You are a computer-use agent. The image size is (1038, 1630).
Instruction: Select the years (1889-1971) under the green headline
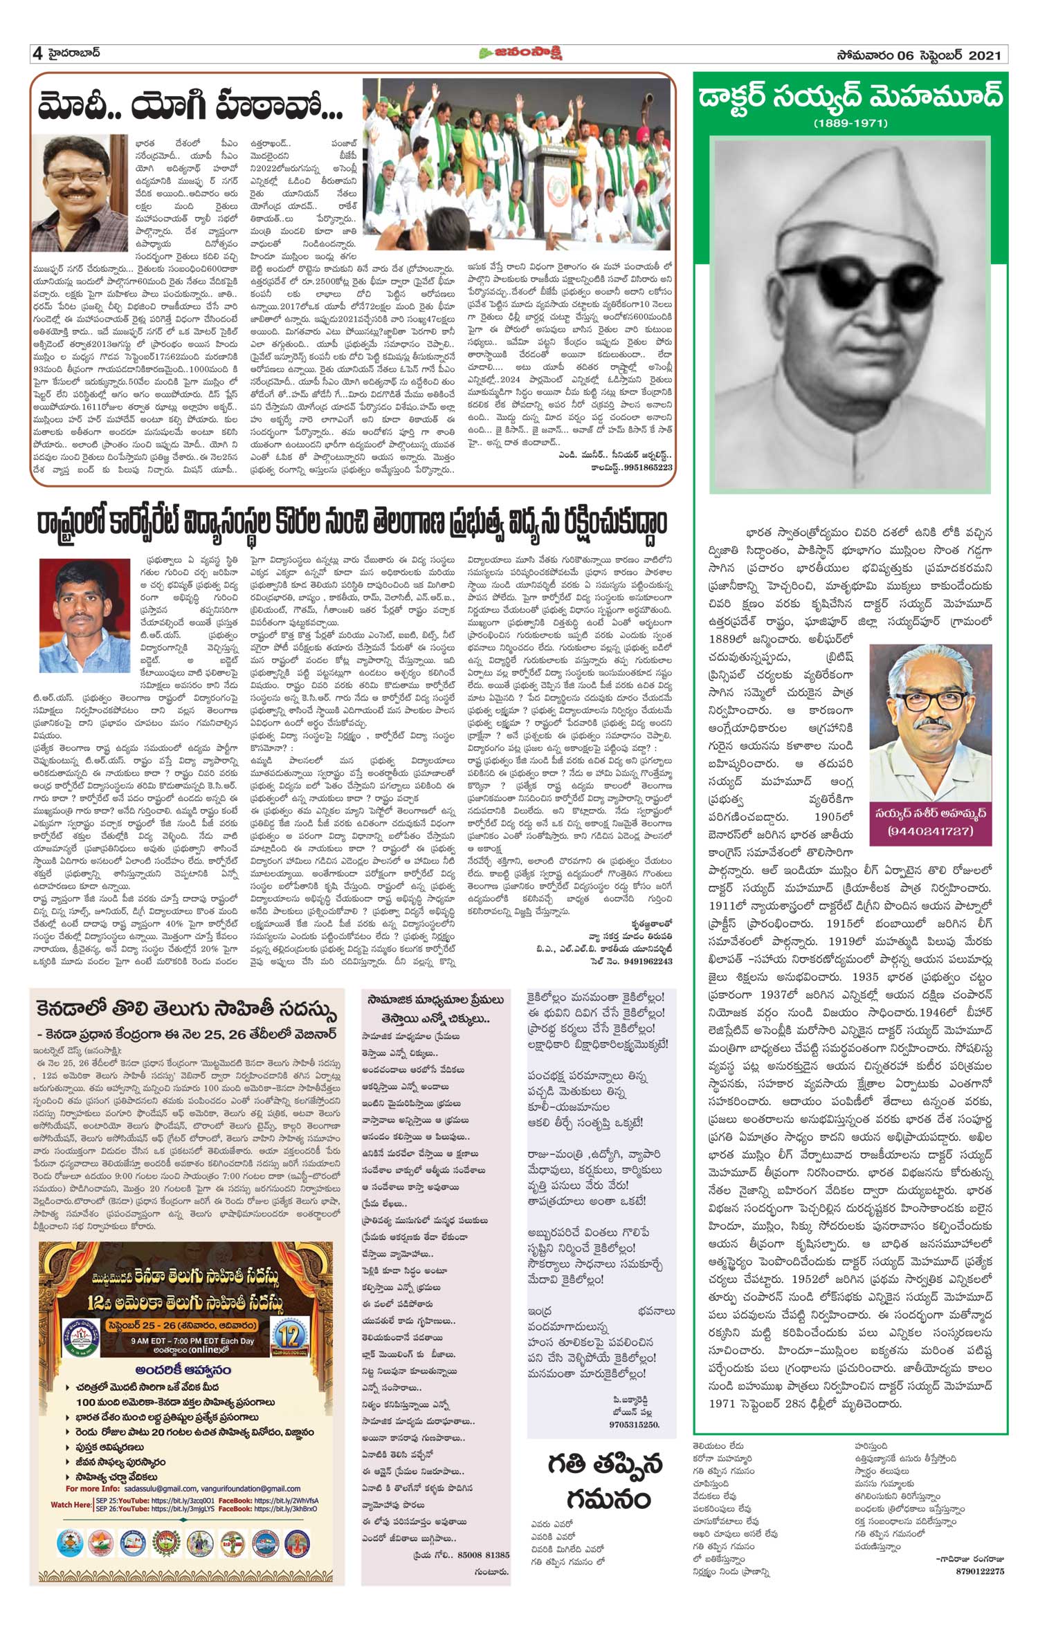click(x=850, y=124)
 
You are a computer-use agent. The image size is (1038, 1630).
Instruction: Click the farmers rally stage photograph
click(x=518, y=163)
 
